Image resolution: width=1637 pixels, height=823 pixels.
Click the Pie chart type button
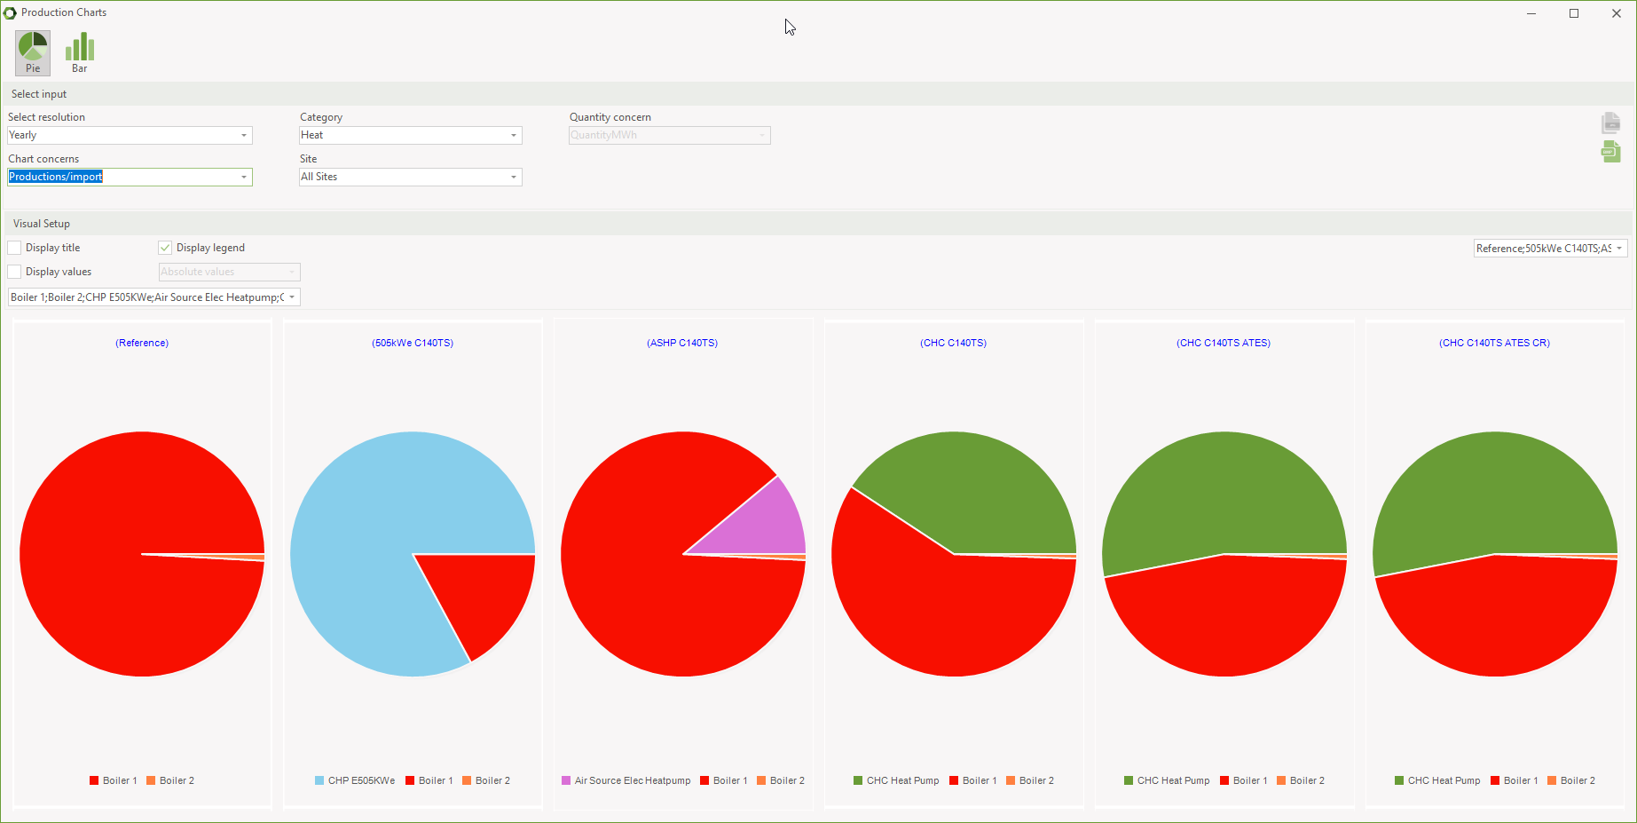33,52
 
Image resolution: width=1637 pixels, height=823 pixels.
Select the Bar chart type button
80,52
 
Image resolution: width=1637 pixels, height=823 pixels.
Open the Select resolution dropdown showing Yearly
130,135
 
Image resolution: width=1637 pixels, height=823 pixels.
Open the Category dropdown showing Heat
410,135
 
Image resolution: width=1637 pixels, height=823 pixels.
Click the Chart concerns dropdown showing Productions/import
130,177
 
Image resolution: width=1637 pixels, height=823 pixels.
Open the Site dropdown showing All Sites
410,177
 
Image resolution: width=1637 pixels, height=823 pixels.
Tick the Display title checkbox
15,248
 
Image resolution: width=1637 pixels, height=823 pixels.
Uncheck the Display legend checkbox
165,248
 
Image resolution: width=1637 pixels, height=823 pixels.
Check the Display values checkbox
15,272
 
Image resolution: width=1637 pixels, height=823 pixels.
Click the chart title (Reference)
142,343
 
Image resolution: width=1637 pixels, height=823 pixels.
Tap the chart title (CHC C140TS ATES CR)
1494,343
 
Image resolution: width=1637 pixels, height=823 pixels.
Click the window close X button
1616,13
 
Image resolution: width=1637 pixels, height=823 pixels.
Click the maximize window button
1574,13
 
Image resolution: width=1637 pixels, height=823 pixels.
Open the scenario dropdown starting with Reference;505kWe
1550,249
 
